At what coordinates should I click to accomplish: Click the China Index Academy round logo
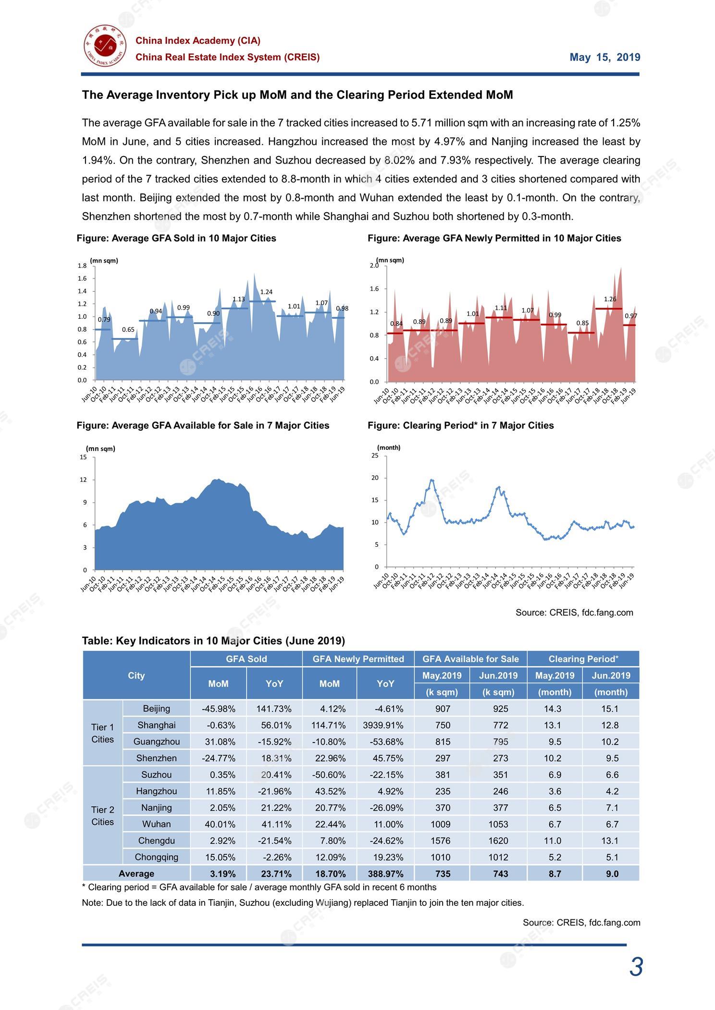click(104, 47)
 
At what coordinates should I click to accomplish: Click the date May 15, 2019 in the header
click(605, 58)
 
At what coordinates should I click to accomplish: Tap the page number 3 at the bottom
click(636, 967)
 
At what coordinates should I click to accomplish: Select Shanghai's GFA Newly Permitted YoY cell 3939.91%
click(383, 725)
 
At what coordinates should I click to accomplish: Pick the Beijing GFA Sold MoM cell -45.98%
click(219, 709)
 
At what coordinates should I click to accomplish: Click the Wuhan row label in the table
click(156, 824)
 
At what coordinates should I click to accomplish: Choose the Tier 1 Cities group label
click(102, 733)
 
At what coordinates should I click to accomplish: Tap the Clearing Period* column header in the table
click(583, 659)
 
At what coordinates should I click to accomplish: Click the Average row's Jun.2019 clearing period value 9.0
click(612, 874)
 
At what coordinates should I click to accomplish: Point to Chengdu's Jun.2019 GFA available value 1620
click(498, 841)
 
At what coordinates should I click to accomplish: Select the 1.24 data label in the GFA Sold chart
click(266, 292)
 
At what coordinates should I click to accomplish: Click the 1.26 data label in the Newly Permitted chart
click(610, 299)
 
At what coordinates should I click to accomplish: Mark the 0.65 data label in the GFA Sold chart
click(128, 329)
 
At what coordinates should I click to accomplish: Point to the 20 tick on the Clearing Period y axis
click(375, 478)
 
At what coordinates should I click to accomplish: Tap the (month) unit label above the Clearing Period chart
click(389, 447)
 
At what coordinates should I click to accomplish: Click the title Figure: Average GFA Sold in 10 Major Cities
click(176, 238)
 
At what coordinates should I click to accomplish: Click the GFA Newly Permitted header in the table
click(358, 659)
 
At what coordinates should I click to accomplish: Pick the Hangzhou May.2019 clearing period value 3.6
click(555, 791)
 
